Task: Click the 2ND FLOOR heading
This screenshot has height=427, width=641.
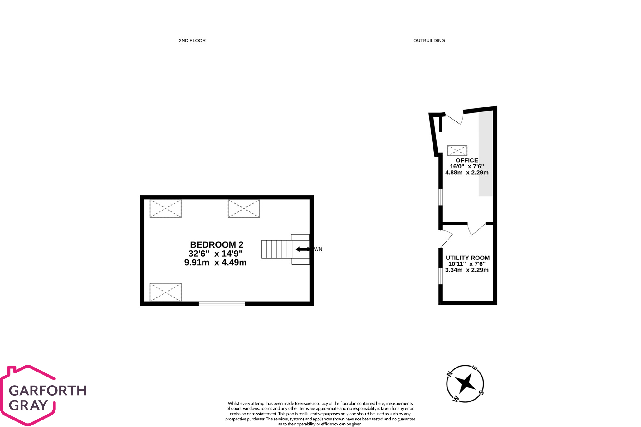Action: click(x=192, y=40)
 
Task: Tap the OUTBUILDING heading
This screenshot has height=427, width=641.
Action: click(x=429, y=40)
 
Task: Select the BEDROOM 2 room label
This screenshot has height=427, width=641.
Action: click(x=217, y=245)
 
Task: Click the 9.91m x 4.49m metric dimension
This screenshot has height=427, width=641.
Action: click(x=215, y=263)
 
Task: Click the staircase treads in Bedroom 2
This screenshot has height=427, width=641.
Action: click(x=277, y=249)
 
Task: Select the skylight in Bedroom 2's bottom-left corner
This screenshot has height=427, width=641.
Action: click(x=165, y=292)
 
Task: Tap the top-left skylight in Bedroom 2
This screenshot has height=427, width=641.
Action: click(x=165, y=208)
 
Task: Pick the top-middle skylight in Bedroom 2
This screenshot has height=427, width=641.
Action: click(x=244, y=209)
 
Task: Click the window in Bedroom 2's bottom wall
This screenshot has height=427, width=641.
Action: click(x=222, y=304)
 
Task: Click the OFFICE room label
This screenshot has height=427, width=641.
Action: click(x=467, y=160)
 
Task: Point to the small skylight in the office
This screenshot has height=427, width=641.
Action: click(x=457, y=150)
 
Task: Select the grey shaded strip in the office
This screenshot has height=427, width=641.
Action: click(x=486, y=154)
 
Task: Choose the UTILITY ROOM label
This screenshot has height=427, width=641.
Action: click(x=468, y=258)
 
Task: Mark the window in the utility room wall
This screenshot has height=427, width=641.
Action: click(x=441, y=276)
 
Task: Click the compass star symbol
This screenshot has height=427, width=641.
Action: click(x=465, y=383)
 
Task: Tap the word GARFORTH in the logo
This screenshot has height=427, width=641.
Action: click(x=48, y=391)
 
